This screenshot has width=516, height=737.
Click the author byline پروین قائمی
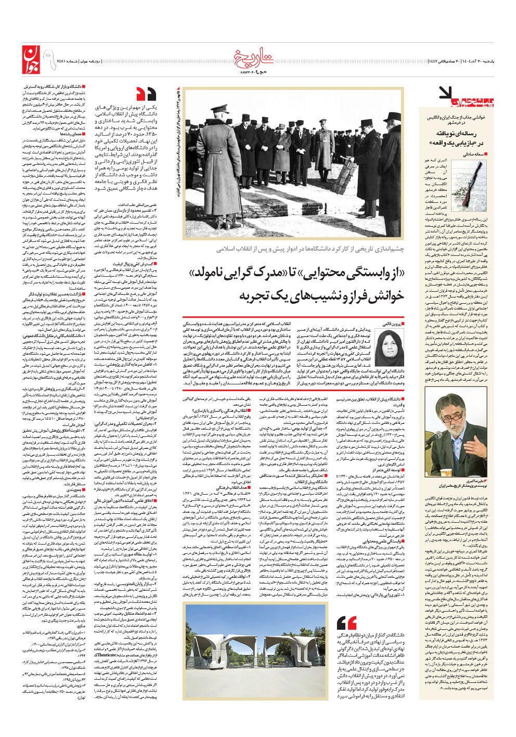coord(389,323)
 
